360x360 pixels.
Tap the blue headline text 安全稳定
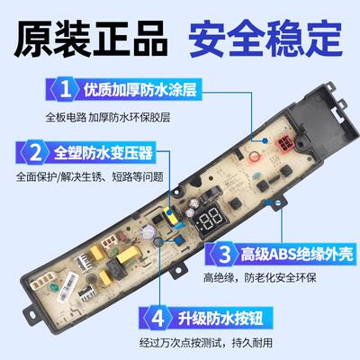(266, 42)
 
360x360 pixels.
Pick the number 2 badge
(34, 149)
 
